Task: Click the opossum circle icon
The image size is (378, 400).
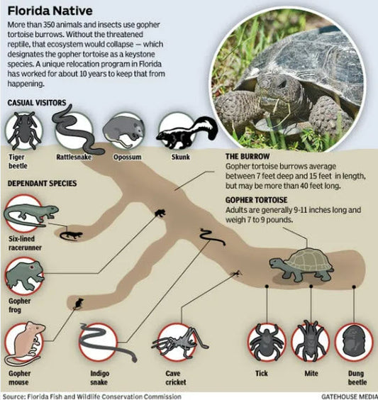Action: pyautogui.click(x=120, y=130)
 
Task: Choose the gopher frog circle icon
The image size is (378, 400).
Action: pyautogui.click(x=23, y=275)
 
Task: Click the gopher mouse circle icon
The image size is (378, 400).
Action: pyautogui.click(x=25, y=340)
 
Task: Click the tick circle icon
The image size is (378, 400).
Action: pyautogui.click(x=267, y=342)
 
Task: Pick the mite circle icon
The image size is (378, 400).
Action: pyautogui.click(x=311, y=342)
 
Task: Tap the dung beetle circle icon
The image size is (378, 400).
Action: pyautogui.click(x=354, y=342)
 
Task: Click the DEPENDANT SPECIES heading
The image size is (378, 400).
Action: pyautogui.click(x=42, y=184)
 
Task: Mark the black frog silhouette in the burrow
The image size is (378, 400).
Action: pyautogui.click(x=160, y=212)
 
